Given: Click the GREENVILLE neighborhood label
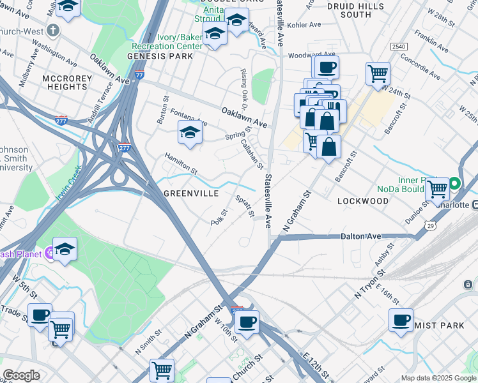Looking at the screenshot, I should tap(192, 193).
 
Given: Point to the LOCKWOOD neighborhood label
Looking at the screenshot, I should tap(362, 201).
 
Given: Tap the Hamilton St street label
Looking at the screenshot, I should tap(181, 164).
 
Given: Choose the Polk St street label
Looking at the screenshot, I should tap(219, 217).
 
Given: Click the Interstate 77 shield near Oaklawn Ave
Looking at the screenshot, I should tap(139, 75).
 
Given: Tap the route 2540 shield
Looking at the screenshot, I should tap(399, 47).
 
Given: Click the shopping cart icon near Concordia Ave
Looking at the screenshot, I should tap(378, 73).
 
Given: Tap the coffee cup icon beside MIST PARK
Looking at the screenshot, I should tap(401, 319).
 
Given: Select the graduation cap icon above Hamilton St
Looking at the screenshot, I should tap(190, 133).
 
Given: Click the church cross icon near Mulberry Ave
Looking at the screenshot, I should tap(53, 31).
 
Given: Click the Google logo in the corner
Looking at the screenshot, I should tap(21, 375).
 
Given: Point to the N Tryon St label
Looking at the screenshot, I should tap(371, 282).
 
